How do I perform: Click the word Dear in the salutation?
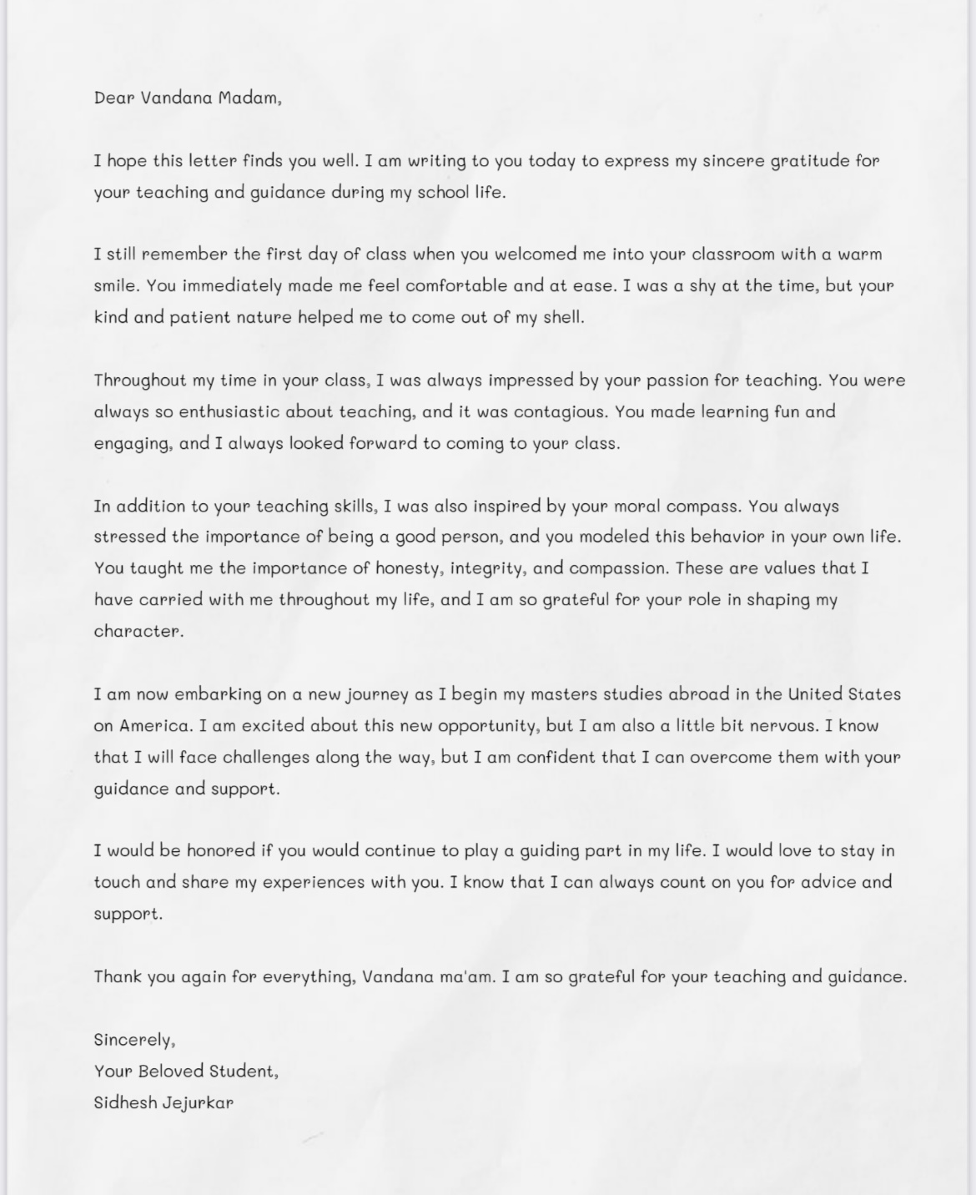pyautogui.click(x=114, y=98)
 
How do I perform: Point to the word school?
pyautogui.click(x=443, y=192)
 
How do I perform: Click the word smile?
pyautogui.click(x=114, y=285)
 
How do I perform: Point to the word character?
pyautogui.click(x=138, y=631)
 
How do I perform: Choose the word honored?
pyautogui.click(x=220, y=850)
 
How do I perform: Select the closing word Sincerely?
pyautogui.click(x=133, y=1040)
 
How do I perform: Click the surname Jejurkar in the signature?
pyautogui.click(x=198, y=1102)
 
